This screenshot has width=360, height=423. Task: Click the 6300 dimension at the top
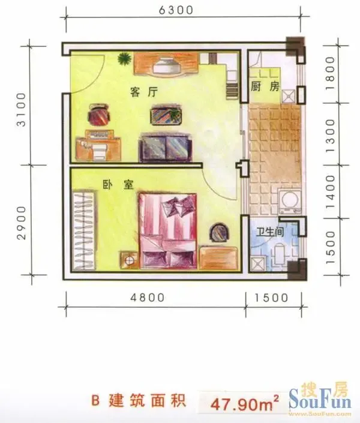(176, 10)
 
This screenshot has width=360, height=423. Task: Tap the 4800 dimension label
(148, 298)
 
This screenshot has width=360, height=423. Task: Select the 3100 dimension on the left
(22, 110)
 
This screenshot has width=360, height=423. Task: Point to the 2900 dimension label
(22, 223)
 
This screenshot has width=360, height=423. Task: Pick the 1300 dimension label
(331, 136)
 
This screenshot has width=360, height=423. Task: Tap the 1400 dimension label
(331, 192)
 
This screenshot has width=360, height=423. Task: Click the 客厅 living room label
(144, 92)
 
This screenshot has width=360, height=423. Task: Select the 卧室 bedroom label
(118, 185)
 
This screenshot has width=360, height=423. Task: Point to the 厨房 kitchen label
(265, 86)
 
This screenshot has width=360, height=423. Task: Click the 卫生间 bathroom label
(270, 232)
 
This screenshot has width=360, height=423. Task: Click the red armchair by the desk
(100, 115)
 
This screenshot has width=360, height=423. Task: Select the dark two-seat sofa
(166, 149)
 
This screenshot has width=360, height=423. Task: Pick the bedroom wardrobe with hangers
(84, 230)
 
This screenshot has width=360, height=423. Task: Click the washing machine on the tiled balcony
(289, 200)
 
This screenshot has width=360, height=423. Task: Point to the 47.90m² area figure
(244, 404)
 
